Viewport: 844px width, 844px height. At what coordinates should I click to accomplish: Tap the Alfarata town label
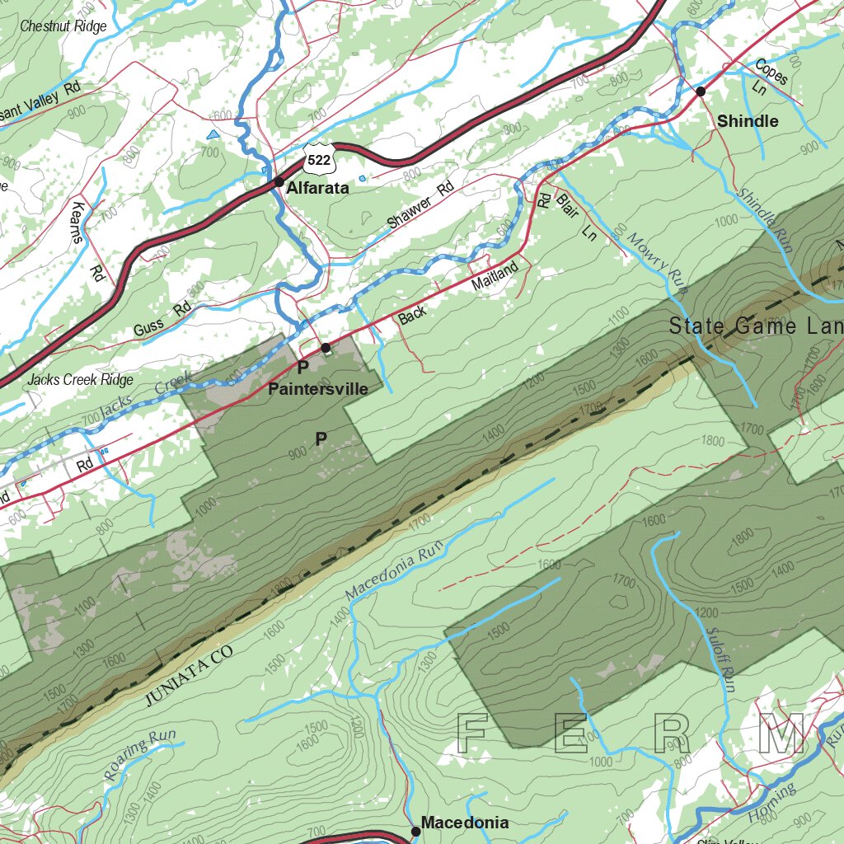[317, 188]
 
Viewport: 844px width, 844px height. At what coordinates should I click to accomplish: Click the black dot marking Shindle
[701, 91]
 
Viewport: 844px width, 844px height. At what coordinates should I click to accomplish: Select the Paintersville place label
[318, 389]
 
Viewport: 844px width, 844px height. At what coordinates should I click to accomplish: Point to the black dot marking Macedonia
[416, 832]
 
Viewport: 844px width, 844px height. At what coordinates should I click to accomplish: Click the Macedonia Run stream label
[395, 570]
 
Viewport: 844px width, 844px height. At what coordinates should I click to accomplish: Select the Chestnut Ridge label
[63, 26]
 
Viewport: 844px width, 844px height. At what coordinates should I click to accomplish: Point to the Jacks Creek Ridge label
[79, 380]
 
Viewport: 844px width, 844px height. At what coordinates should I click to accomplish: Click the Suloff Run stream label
[719, 654]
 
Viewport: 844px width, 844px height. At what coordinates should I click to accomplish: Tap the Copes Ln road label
[767, 78]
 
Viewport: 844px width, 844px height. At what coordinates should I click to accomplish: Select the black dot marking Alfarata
[279, 182]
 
